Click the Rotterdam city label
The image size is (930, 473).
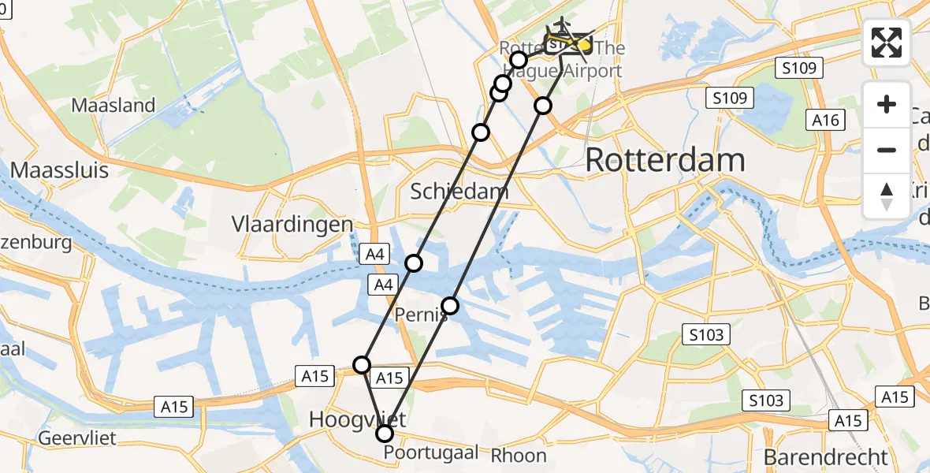665,161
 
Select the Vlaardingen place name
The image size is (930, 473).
292,225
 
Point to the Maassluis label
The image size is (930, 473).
60,171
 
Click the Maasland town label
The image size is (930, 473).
113,105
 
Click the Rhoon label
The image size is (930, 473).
519,455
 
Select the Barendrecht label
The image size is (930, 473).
825,456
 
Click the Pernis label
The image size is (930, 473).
422,315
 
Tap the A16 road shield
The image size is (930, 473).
825,120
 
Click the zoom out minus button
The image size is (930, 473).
887,150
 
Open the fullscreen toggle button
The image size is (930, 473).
887,43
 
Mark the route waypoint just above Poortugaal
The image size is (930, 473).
385,434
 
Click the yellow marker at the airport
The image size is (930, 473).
584,46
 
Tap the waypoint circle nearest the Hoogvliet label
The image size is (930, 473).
362,364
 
